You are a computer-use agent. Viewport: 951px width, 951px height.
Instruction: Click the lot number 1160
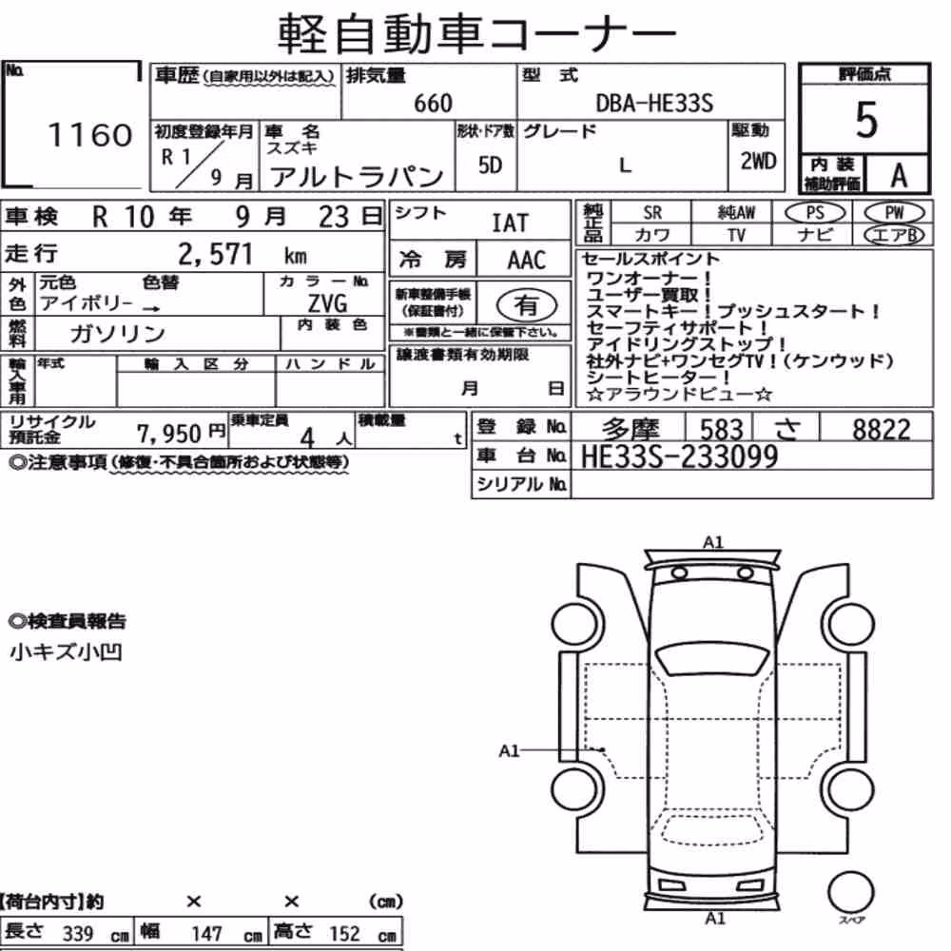(89, 135)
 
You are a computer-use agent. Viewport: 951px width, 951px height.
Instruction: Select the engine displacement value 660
(433, 103)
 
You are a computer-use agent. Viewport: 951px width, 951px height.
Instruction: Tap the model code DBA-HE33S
(654, 103)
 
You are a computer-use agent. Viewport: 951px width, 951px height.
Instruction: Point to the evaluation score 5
(866, 120)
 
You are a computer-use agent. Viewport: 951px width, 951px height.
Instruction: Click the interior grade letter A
(899, 176)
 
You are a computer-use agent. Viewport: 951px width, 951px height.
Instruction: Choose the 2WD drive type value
(758, 161)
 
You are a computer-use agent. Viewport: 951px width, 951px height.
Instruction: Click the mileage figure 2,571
(215, 254)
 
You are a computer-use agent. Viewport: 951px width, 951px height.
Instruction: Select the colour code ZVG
(327, 302)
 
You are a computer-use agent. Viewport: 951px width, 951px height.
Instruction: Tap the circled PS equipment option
(815, 213)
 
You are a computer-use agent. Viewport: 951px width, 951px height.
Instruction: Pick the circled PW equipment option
(894, 213)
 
